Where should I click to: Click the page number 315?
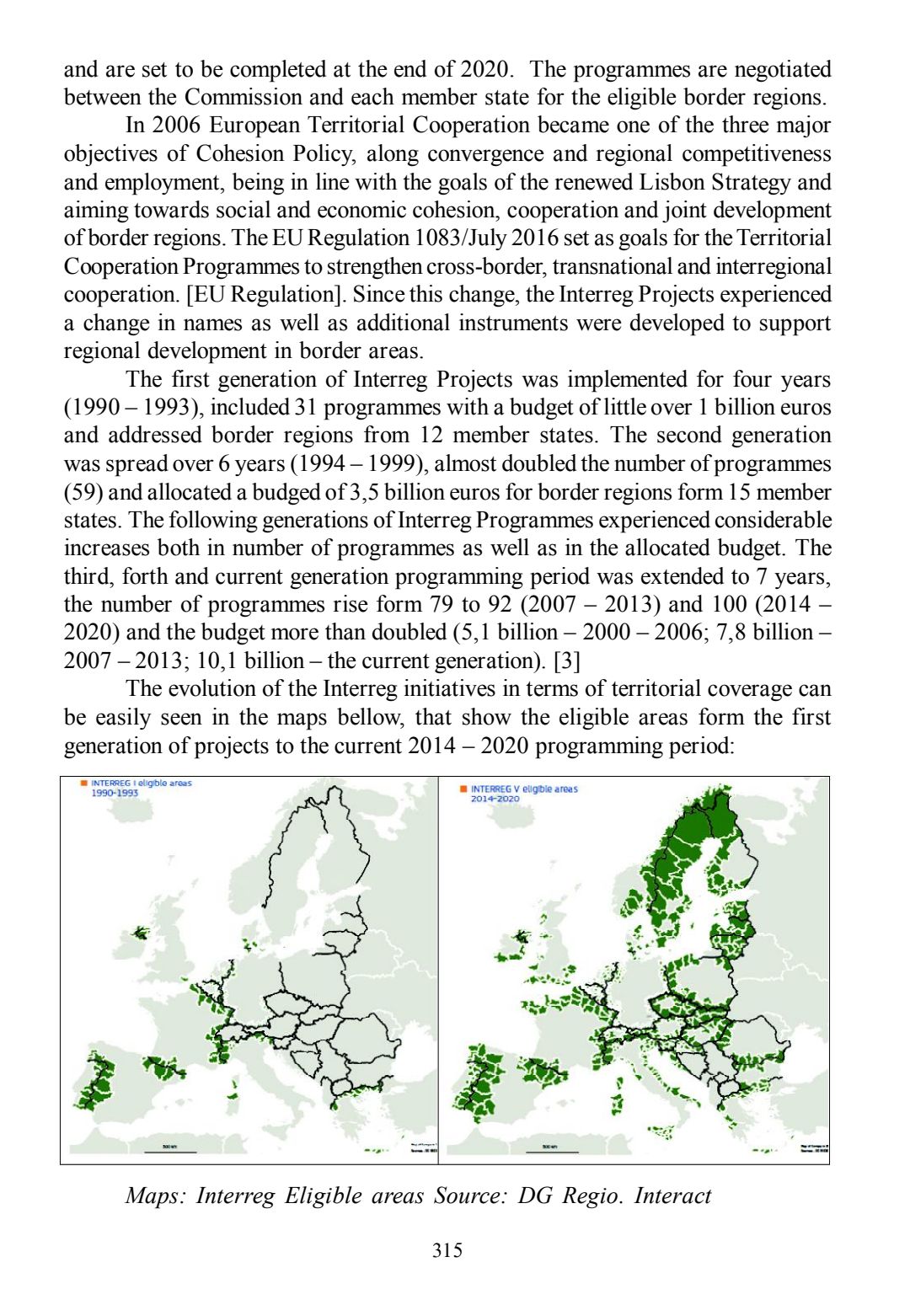pyautogui.click(x=447, y=1250)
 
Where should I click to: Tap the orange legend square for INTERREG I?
pyautogui.click(x=84, y=784)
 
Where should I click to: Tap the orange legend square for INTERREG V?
pyautogui.click(x=463, y=789)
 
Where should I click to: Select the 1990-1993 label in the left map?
pyautogui.click(x=115, y=793)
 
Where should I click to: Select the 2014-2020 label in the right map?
pyautogui.click(x=495, y=799)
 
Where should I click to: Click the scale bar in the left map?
pyautogui.click(x=169, y=1151)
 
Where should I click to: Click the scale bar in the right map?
pyautogui.click(x=551, y=1151)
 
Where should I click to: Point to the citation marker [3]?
pyautogui.click(x=566, y=661)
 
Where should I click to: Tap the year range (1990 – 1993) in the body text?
pyautogui.click(x=133, y=408)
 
